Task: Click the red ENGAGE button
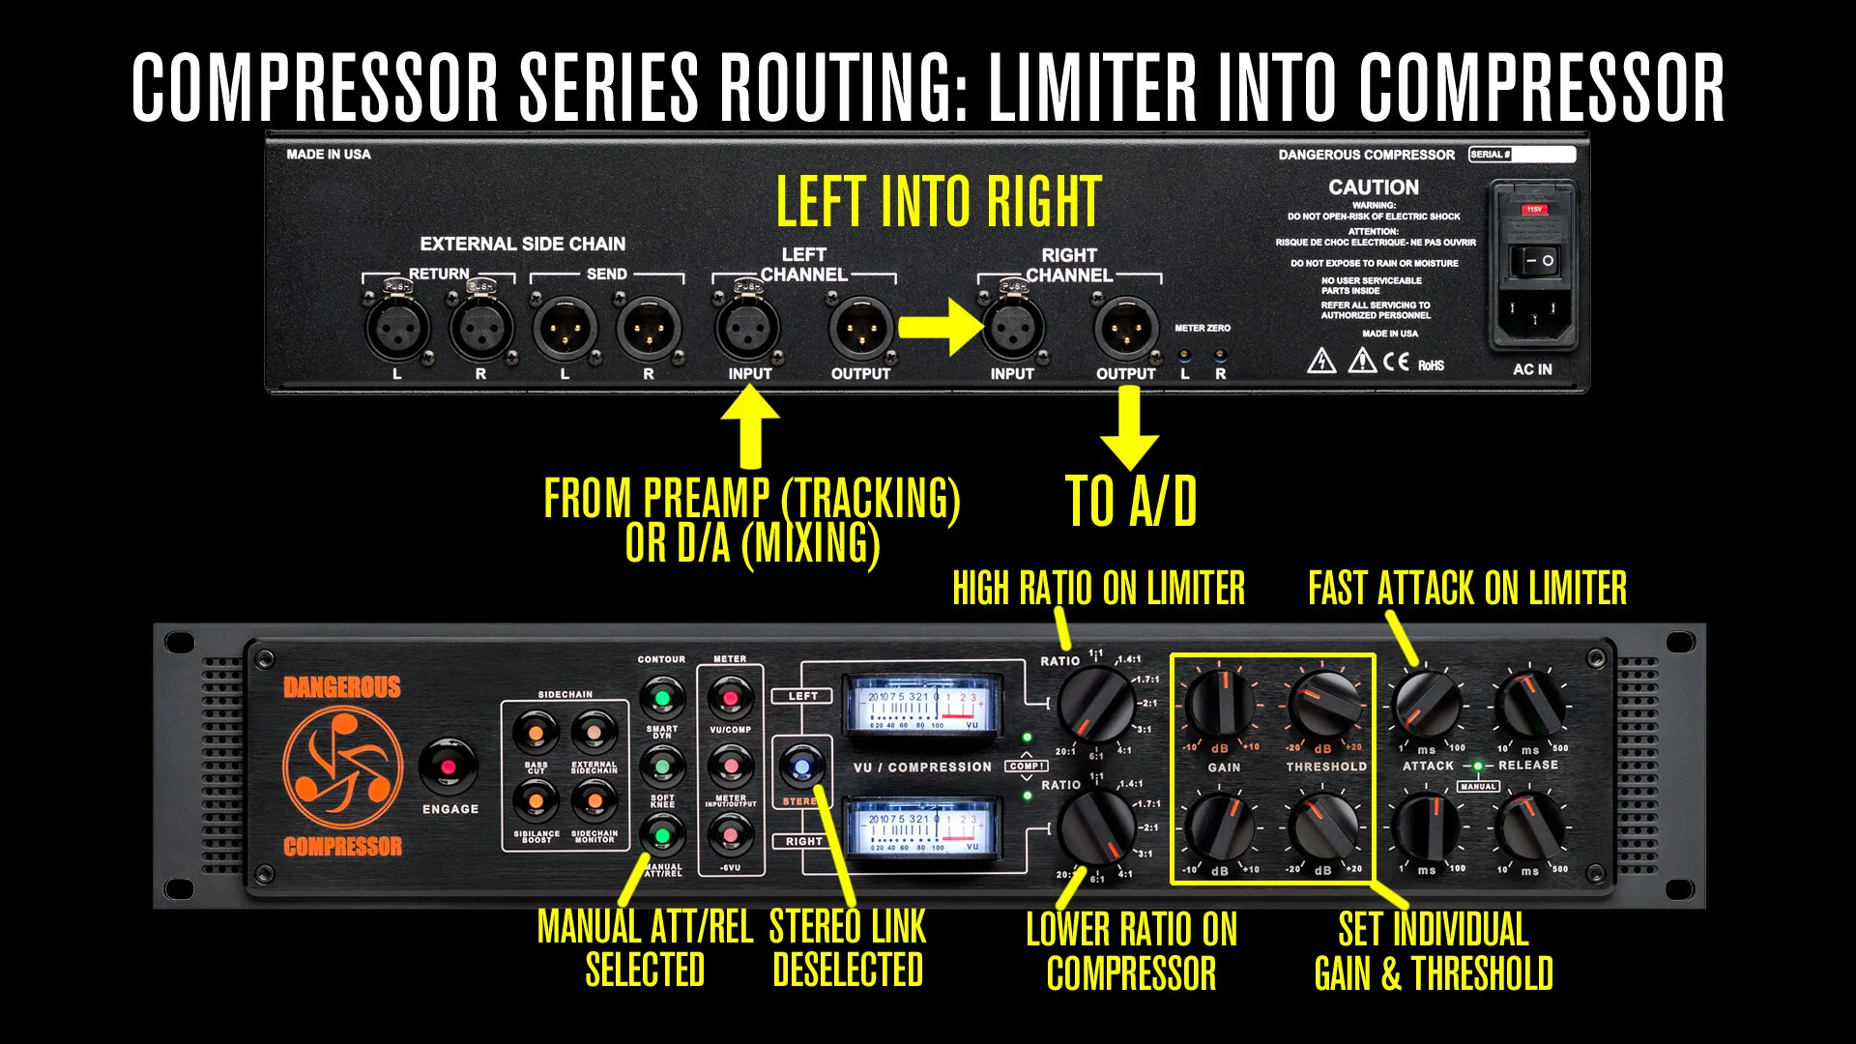[x=448, y=767]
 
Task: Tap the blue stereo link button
[x=801, y=768]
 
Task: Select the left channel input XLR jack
[x=747, y=329]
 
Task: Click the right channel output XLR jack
[x=1125, y=329]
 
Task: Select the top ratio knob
[x=1095, y=705]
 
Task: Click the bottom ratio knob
[x=1095, y=828]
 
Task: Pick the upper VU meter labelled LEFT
[x=923, y=705]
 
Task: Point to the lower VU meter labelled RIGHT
[x=923, y=827]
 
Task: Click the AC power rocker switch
[x=1534, y=261]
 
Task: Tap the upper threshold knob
[x=1324, y=705]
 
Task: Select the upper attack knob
[x=1426, y=705]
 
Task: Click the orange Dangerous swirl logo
[x=342, y=768]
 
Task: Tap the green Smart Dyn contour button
[x=662, y=698]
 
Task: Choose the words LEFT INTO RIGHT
[x=939, y=201]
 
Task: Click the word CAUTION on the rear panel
[x=1374, y=188]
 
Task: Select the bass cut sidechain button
[x=536, y=733]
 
